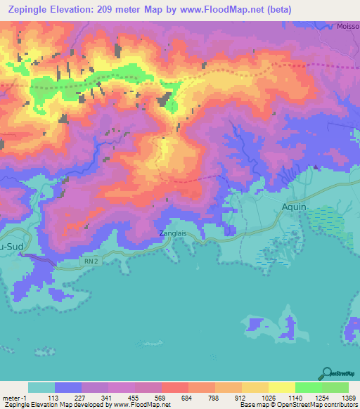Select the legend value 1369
coord(339,397)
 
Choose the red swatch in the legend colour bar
coord(174,387)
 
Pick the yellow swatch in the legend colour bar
coord(281,387)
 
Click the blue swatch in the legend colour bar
coord(68,387)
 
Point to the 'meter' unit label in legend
coord(11,397)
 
